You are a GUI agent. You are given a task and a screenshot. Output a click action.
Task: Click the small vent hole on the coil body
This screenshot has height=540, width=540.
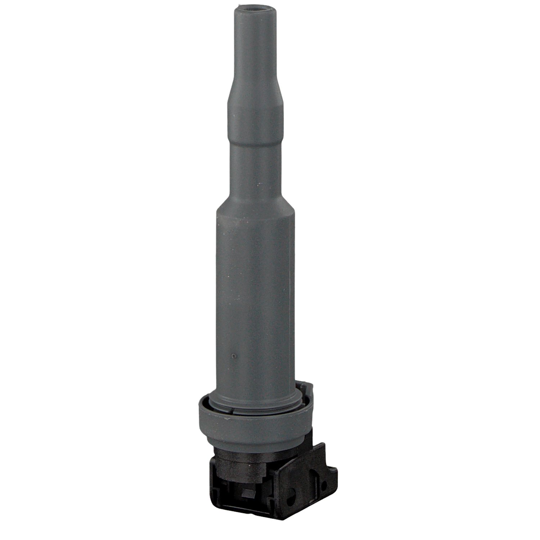coord(234,356)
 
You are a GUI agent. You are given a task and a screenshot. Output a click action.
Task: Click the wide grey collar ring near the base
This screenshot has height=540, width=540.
coord(252,425)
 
